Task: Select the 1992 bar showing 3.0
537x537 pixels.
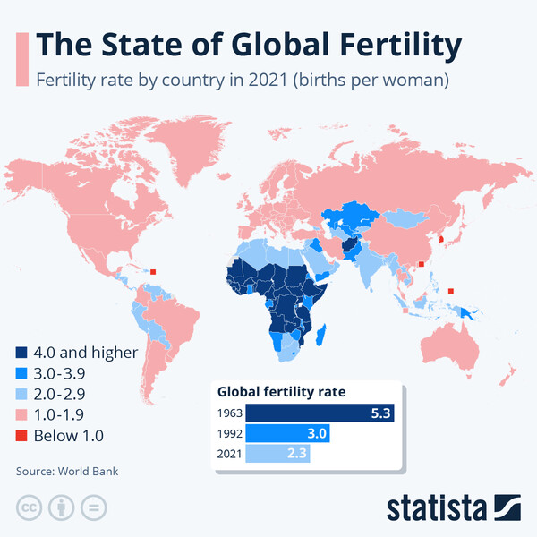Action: click(287, 433)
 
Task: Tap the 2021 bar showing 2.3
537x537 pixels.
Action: click(277, 454)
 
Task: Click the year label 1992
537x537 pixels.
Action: click(229, 433)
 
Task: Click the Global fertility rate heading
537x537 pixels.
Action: click(282, 391)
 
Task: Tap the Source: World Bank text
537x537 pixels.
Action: click(66, 471)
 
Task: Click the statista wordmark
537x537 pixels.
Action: click(435, 507)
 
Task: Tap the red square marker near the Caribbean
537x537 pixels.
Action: click(153, 273)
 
